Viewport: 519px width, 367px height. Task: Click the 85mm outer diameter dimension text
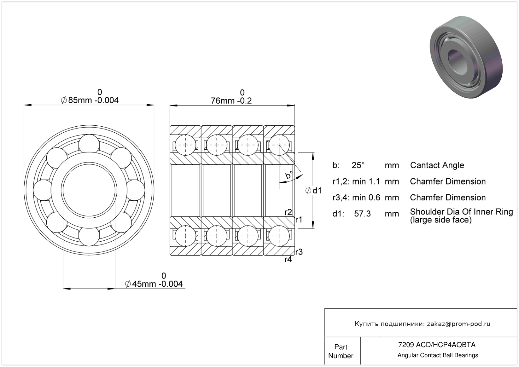tap(90, 100)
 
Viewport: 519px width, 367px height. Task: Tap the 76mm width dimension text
tap(231, 101)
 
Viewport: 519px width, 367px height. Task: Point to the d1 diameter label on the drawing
tap(314, 191)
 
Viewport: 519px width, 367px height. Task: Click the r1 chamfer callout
tap(299, 220)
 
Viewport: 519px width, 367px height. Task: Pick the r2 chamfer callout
tap(288, 212)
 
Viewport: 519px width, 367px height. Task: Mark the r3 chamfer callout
tap(299, 252)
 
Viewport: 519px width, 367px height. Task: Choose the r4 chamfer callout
tap(288, 260)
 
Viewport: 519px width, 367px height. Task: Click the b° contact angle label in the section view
tap(289, 175)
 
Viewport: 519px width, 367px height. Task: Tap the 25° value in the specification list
tap(358, 165)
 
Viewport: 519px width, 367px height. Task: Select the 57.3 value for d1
tap(362, 214)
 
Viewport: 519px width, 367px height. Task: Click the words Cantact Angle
tap(437, 165)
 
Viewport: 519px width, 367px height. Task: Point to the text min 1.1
tap(366, 181)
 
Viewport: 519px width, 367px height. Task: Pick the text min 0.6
tap(366, 198)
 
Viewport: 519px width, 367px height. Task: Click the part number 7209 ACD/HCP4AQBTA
tap(437, 345)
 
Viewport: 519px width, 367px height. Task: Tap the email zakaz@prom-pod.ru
tap(458, 324)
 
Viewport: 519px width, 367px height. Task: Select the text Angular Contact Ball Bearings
tap(438, 355)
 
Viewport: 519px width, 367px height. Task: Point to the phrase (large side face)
tap(440, 220)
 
